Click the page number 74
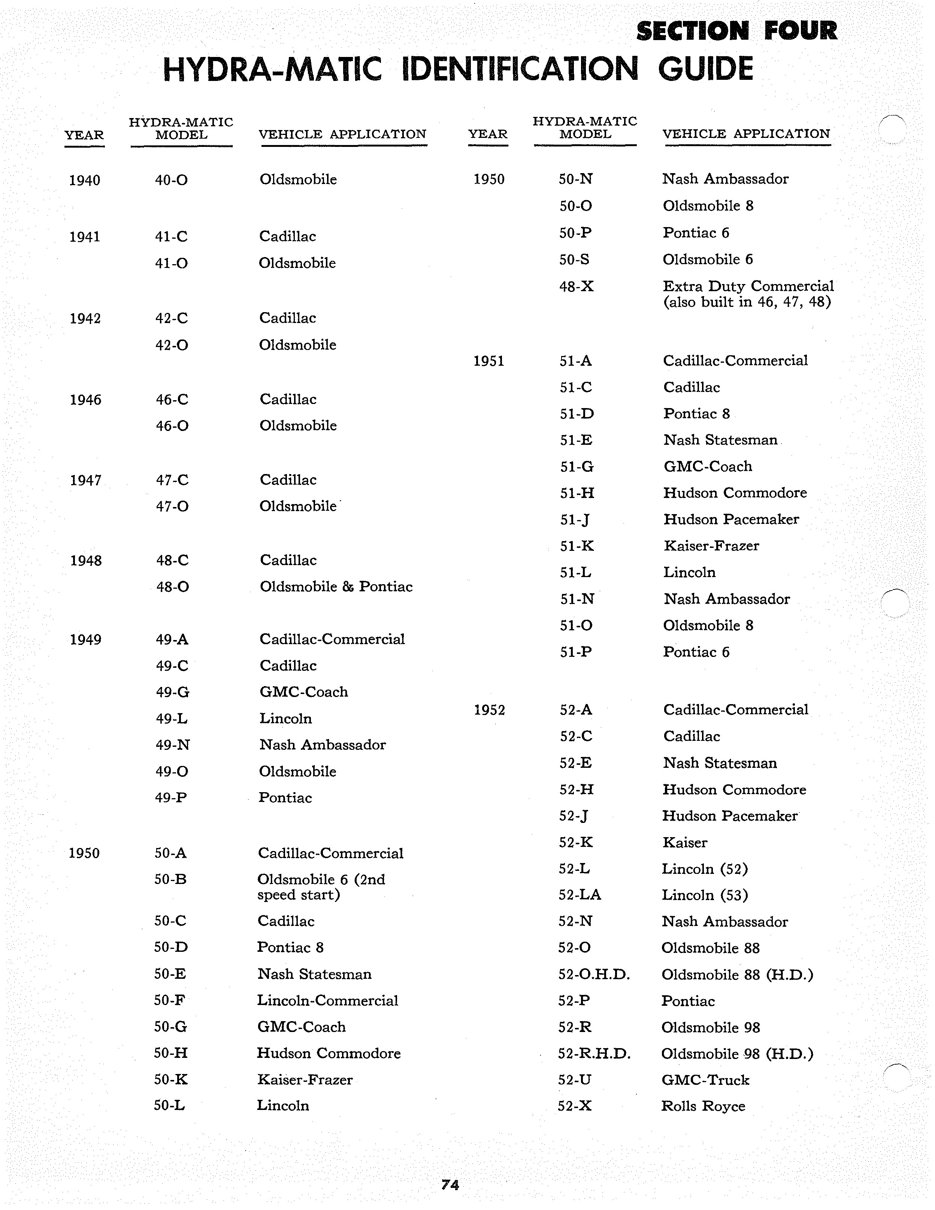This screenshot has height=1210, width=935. pyautogui.click(x=450, y=1185)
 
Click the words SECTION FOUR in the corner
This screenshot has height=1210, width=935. pyautogui.click(x=737, y=31)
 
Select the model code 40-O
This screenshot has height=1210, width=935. pyautogui.click(x=171, y=180)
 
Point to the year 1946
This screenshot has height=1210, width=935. pyautogui.click(x=85, y=400)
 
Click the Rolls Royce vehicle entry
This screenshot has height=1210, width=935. pyautogui.click(x=703, y=1107)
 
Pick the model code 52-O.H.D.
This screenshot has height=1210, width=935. pyautogui.click(x=594, y=975)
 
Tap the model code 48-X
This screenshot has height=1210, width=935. pyautogui.click(x=576, y=286)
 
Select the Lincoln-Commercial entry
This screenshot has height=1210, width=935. pyautogui.click(x=327, y=1001)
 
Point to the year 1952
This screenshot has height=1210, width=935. pyautogui.click(x=489, y=710)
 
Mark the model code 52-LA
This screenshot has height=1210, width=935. pyautogui.click(x=580, y=895)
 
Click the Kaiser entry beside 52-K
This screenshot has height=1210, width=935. pyautogui.click(x=685, y=843)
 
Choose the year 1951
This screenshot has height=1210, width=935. pyautogui.click(x=488, y=361)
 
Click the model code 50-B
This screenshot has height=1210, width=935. pyautogui.click(x=170, y=879)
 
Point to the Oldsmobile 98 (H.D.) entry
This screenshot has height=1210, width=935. pyautogui.click(x=737, y=1054)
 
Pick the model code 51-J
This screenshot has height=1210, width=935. pyautogui.click(x=574, y=520)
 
